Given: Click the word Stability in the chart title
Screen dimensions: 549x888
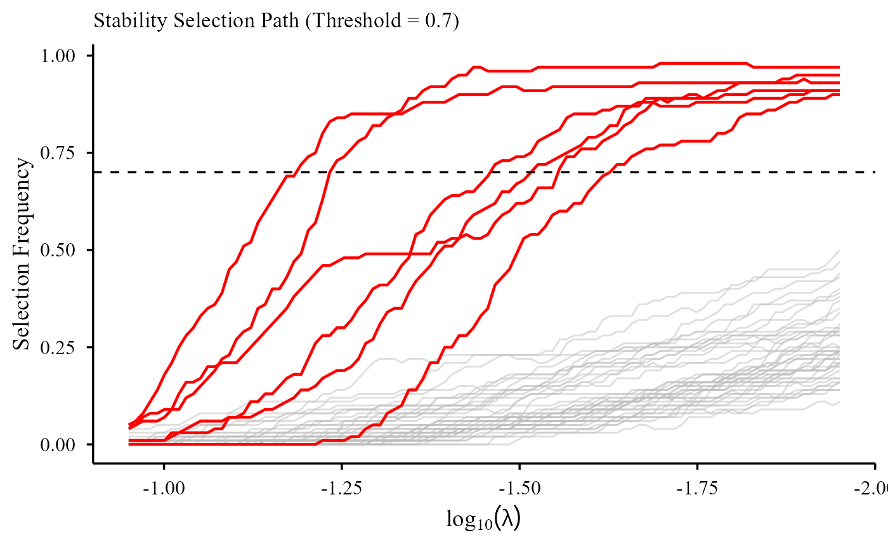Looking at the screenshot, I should click(x=122, y=21).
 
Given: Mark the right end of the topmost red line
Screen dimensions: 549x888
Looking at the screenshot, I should click(x=838, y=67).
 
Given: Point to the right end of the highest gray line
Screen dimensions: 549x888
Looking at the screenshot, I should click(x=839, y=251).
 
